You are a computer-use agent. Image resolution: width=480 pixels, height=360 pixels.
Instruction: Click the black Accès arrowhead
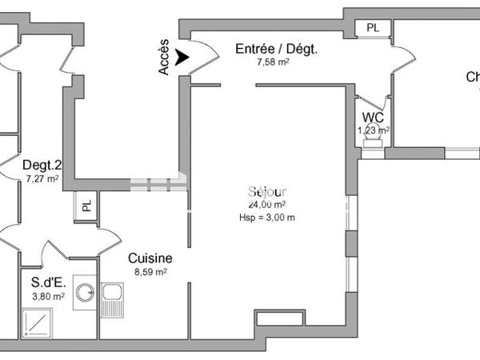click(182, 57)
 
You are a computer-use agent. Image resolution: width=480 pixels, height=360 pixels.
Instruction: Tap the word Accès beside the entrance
click(164, 58)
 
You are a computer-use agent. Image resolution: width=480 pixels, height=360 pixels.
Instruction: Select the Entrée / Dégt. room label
click(276, 49)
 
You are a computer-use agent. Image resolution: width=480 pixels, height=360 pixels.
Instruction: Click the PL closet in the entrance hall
click(373, 28)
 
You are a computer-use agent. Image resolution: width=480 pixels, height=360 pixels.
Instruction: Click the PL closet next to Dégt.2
click(86, 205)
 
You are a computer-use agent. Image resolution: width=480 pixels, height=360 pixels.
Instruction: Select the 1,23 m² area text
click(374, 130)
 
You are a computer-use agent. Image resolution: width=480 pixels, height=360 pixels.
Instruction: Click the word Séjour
click(268, 192)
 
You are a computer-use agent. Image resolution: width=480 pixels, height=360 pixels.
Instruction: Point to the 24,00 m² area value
click(267, 205)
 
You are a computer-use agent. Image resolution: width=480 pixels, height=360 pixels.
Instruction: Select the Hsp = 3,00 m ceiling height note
click(267, 218)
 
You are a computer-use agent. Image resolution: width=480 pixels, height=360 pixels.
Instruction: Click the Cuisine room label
click(150, 258)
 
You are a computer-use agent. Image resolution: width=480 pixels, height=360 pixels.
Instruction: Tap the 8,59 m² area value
click(150, 272)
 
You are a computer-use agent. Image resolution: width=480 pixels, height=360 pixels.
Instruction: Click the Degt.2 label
click(42, 166)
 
